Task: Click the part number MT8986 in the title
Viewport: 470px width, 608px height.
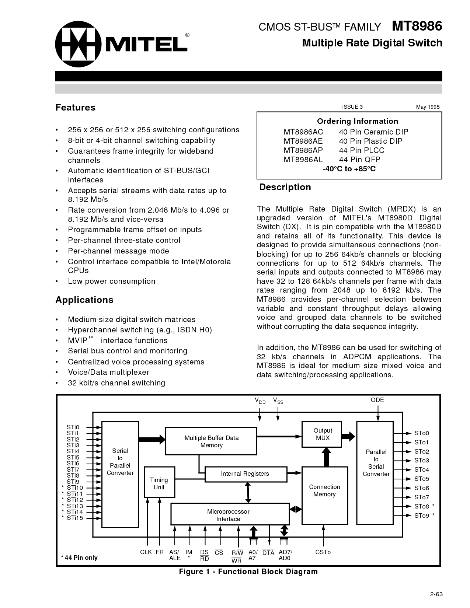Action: coord(417,27)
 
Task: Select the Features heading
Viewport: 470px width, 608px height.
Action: coord(75,108)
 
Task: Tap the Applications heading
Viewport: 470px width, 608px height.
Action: coord(84,300)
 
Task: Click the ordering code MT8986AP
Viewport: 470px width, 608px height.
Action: coord(303,150)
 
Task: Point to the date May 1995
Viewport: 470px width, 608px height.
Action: coord(428,107)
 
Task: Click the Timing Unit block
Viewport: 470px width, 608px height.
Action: coord(159,483)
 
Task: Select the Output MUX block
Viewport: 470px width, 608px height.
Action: coord(323,434)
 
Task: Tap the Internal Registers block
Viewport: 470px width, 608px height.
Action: coord(245,474)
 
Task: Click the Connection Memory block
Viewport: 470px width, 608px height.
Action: coord(324,491)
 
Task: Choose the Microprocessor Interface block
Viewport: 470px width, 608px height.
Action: coord(229,515)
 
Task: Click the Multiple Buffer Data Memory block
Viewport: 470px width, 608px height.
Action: coord(211,441)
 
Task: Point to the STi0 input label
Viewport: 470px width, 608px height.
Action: coord(73,427)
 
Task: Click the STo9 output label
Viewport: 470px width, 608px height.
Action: coord(421,516)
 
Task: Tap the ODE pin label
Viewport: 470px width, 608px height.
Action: coord(377,400)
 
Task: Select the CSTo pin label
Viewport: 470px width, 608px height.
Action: coord(323,552)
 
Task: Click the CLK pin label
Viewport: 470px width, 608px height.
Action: coord(146,552)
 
